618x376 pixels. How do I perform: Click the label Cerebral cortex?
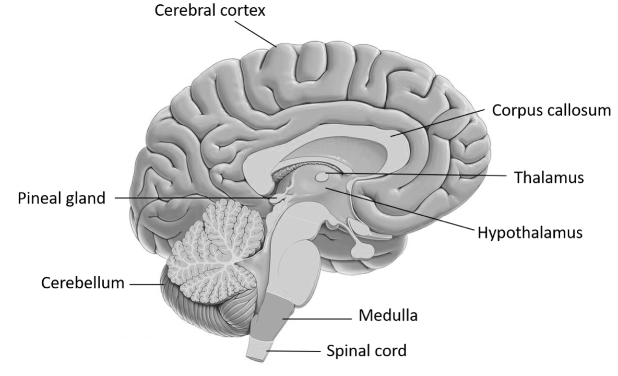[x=210, y=11]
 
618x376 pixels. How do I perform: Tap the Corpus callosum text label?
[x=551, y=111]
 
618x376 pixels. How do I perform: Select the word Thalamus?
[x=549, y=177]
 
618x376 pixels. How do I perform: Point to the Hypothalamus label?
[x=529, y=231]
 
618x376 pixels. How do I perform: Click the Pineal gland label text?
[x=62, y=198]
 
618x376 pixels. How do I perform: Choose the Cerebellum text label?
[x=82, y=284]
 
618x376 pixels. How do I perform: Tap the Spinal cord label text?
[x=366, y=350]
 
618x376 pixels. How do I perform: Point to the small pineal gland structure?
[x=277, y=199]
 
